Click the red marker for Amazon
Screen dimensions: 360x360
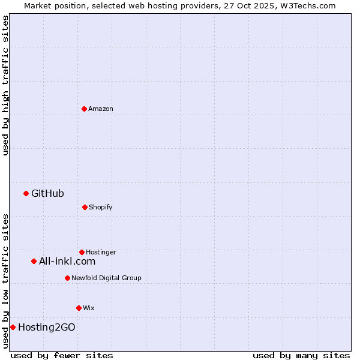(84, 109)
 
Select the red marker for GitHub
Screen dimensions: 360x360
(26, 193)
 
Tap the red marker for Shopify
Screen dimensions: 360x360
(85, 207)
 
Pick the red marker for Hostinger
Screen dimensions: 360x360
(82, 252)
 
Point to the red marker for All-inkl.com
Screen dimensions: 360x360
(34, 261)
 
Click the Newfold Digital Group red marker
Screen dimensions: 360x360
(67, 278)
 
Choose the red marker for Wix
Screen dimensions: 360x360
(79, 308)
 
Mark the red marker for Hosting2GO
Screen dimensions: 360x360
(13, 327)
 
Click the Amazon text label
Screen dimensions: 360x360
(101, 109)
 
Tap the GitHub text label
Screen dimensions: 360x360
(47, 193)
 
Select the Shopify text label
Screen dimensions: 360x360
(101, 207)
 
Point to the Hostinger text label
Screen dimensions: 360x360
(101, 252)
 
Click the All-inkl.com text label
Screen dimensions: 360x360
(67, 261)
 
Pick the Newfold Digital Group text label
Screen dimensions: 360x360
(106, 278)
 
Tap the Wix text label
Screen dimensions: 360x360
(89, 308)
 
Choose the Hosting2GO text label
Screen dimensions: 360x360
(47, 327)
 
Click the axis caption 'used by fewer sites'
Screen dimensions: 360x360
(62, 355)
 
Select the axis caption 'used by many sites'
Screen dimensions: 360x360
(301, 355)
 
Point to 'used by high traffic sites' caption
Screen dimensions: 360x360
(5, 85)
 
